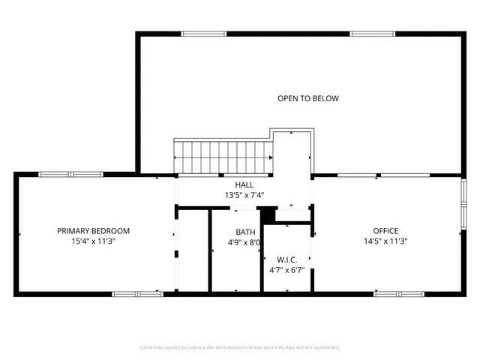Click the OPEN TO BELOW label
click(308, 98)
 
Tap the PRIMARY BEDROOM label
click(94, 231)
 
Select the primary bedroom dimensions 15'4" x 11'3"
click(94, 241)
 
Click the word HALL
click(244, 184)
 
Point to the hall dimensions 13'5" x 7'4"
click(244, 195)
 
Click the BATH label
click(245, 232)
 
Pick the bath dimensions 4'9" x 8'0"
click(244, 242)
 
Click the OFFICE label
click(386, 231)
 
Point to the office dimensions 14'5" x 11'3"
click(386, 241)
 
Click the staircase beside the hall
click(223, 156)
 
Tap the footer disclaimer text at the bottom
click(240, 348)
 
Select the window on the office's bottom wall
click(394, 293)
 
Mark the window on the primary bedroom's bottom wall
click(133, 293)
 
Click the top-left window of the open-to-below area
click(205, 33)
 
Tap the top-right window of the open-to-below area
click(373, 33)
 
